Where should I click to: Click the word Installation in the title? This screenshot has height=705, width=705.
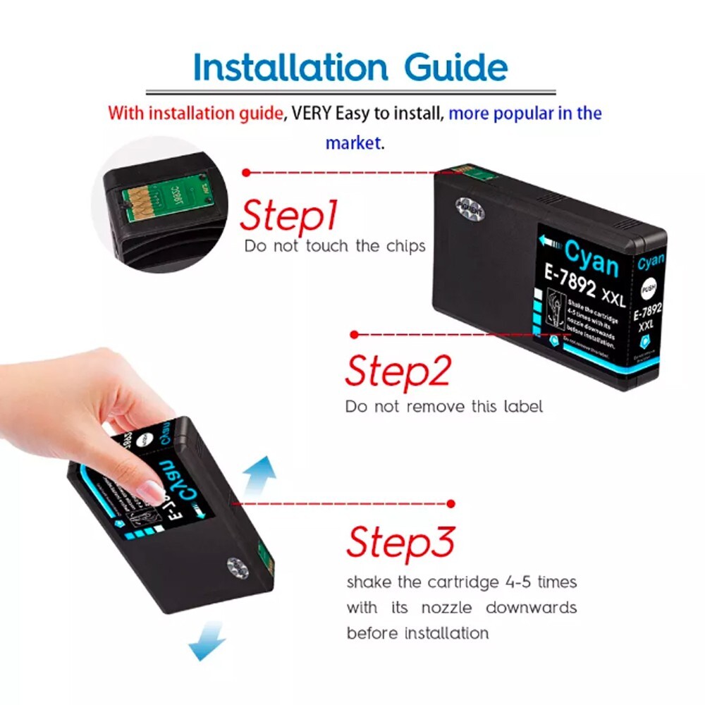pyautogui.click(x=290, y=68)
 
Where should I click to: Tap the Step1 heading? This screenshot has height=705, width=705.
pyautogui.click(x=289, y=215)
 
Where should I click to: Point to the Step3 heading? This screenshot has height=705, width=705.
pyautogui.click(x=400, y=541)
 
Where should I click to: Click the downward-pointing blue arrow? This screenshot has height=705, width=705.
pyautogui.click(x=207, y=644)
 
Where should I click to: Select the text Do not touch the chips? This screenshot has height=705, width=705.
pyautogui.click(x=335, y=246)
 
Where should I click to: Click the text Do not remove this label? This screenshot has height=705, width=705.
pyautogui.click(x=443, y=407)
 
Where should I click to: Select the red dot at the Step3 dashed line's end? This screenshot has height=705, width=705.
pyautogui.click(x=450, y=503)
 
